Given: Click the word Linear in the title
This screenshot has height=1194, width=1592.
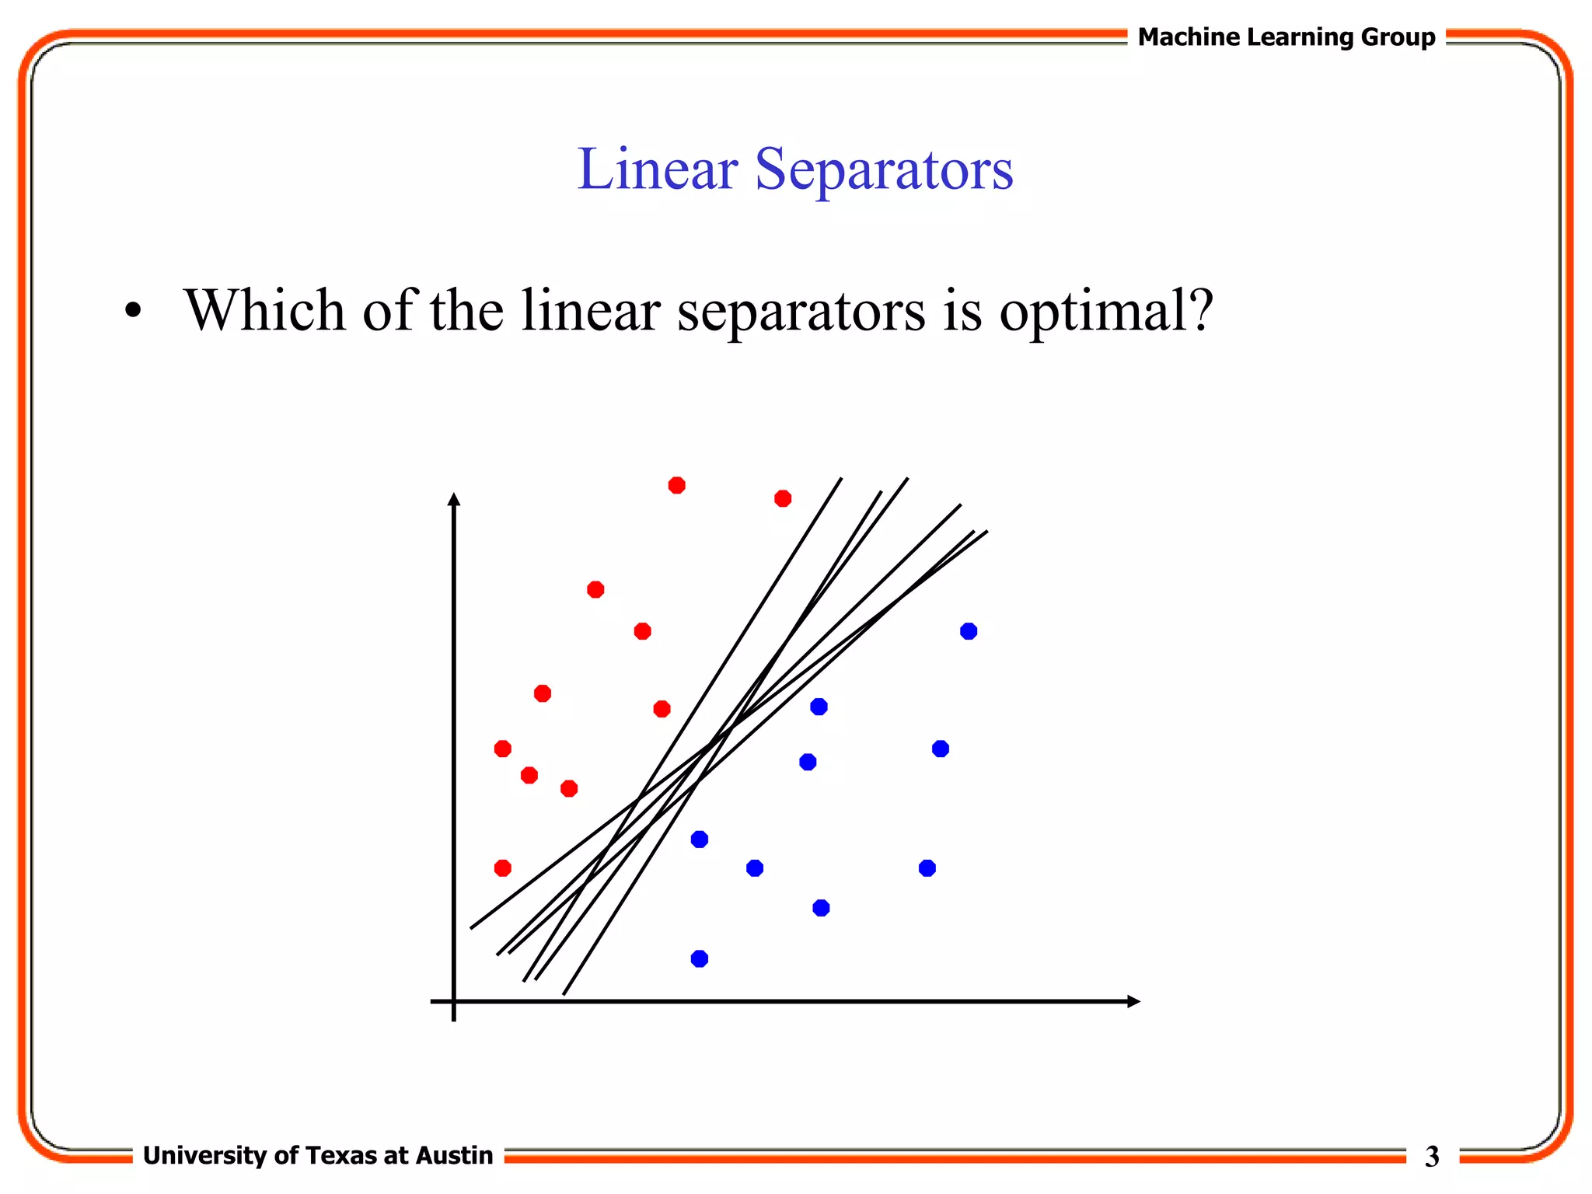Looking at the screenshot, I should pyautogui.click(x=657, y=169).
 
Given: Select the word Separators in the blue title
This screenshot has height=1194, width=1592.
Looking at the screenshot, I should pyautogui.click(x=884, y=169).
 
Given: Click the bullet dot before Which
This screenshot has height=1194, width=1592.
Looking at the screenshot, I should pyautogui.click(x=134, y=311).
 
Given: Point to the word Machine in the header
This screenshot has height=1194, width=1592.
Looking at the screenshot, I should pyautogui.click(x=1189, y=37).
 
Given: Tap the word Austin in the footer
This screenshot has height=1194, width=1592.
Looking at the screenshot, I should pyautogui.click(x=454, y=1155).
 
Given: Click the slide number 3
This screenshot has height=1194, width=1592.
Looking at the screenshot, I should pyautogui.click(x=1432, y=1157).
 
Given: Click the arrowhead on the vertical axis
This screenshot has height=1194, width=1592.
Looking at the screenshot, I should pyautogui.click(x=455, y=499).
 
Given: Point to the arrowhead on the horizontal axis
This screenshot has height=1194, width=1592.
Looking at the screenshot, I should pyautogui.click(x=1133, y=1001).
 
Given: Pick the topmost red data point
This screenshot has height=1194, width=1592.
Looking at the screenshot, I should pyautogui.click(x=676, y=485).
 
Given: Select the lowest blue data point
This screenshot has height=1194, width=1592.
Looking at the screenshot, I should pyautogui.click(x=699, y=958).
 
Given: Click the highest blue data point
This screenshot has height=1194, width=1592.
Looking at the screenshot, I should pyautogui.click(x=968, y=631).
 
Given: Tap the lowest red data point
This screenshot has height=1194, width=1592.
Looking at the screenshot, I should pyautogui.click(x=503, y=868).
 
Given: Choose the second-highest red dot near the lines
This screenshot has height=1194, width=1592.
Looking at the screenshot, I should pyautogui.click(x=783, y=498).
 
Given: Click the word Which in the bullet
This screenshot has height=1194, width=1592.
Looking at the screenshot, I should pyautogui.click(x=264, y=311).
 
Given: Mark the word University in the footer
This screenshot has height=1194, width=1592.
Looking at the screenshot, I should pyautogui.click(x=204, y=1155).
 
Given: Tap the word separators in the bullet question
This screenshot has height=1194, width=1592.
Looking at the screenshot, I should pyautogui.click(x=801, y=311).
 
